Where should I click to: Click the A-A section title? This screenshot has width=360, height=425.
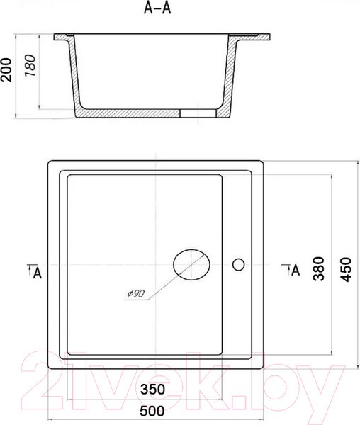(157, 8)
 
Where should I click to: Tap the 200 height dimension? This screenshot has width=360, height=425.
(6, 70)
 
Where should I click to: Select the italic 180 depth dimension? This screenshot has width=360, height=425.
(30, 66)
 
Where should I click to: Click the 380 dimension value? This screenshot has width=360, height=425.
(318, 268)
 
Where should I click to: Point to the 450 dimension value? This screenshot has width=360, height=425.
(345, 269)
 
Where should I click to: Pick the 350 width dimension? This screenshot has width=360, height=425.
(152, 390)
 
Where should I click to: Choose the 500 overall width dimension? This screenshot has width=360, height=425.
(152, 411)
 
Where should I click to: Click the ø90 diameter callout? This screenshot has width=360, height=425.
(136, 293)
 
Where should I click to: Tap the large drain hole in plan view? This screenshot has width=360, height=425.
(191, 264)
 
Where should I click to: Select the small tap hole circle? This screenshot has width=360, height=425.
(239, 264)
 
